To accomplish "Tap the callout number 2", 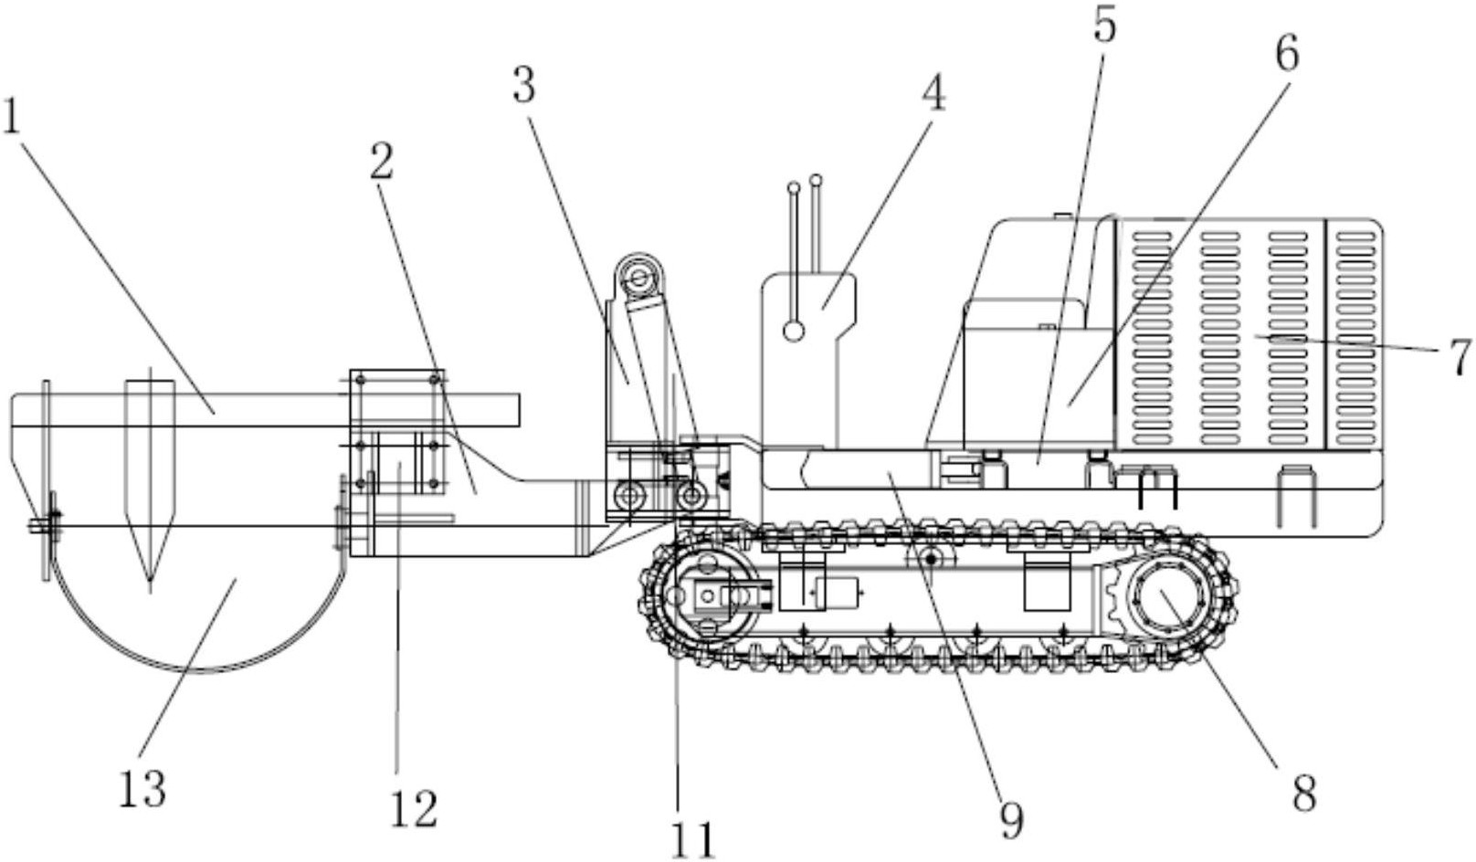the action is [x=382, y=161].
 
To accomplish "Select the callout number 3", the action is [x=524, y=86].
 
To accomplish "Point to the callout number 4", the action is [x=933, y=93].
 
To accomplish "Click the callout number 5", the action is [x=1105, y=24].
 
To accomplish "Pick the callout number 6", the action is [x=1287, y=53].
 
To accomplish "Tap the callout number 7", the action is [x=1459, y=358].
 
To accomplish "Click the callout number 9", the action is [x=1012, y=821].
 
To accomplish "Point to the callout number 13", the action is [x=142, y=788].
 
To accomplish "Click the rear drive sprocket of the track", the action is [x=1167, y=596].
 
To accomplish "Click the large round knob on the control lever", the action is [x=794, y=331].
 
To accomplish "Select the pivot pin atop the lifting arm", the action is [x=638, y=278].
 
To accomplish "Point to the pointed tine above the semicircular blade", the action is [x=150, y=480].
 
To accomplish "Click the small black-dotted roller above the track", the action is [x=931, y=559].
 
